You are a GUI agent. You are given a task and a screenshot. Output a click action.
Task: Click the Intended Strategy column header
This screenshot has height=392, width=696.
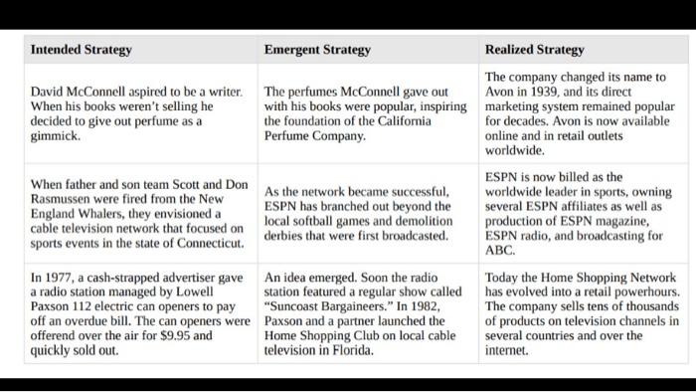point(82,49)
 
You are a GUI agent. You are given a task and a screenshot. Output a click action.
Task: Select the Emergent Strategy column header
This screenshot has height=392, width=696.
point(317,49)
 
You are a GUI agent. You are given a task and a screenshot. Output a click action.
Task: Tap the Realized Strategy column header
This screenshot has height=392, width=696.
point(535,49)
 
